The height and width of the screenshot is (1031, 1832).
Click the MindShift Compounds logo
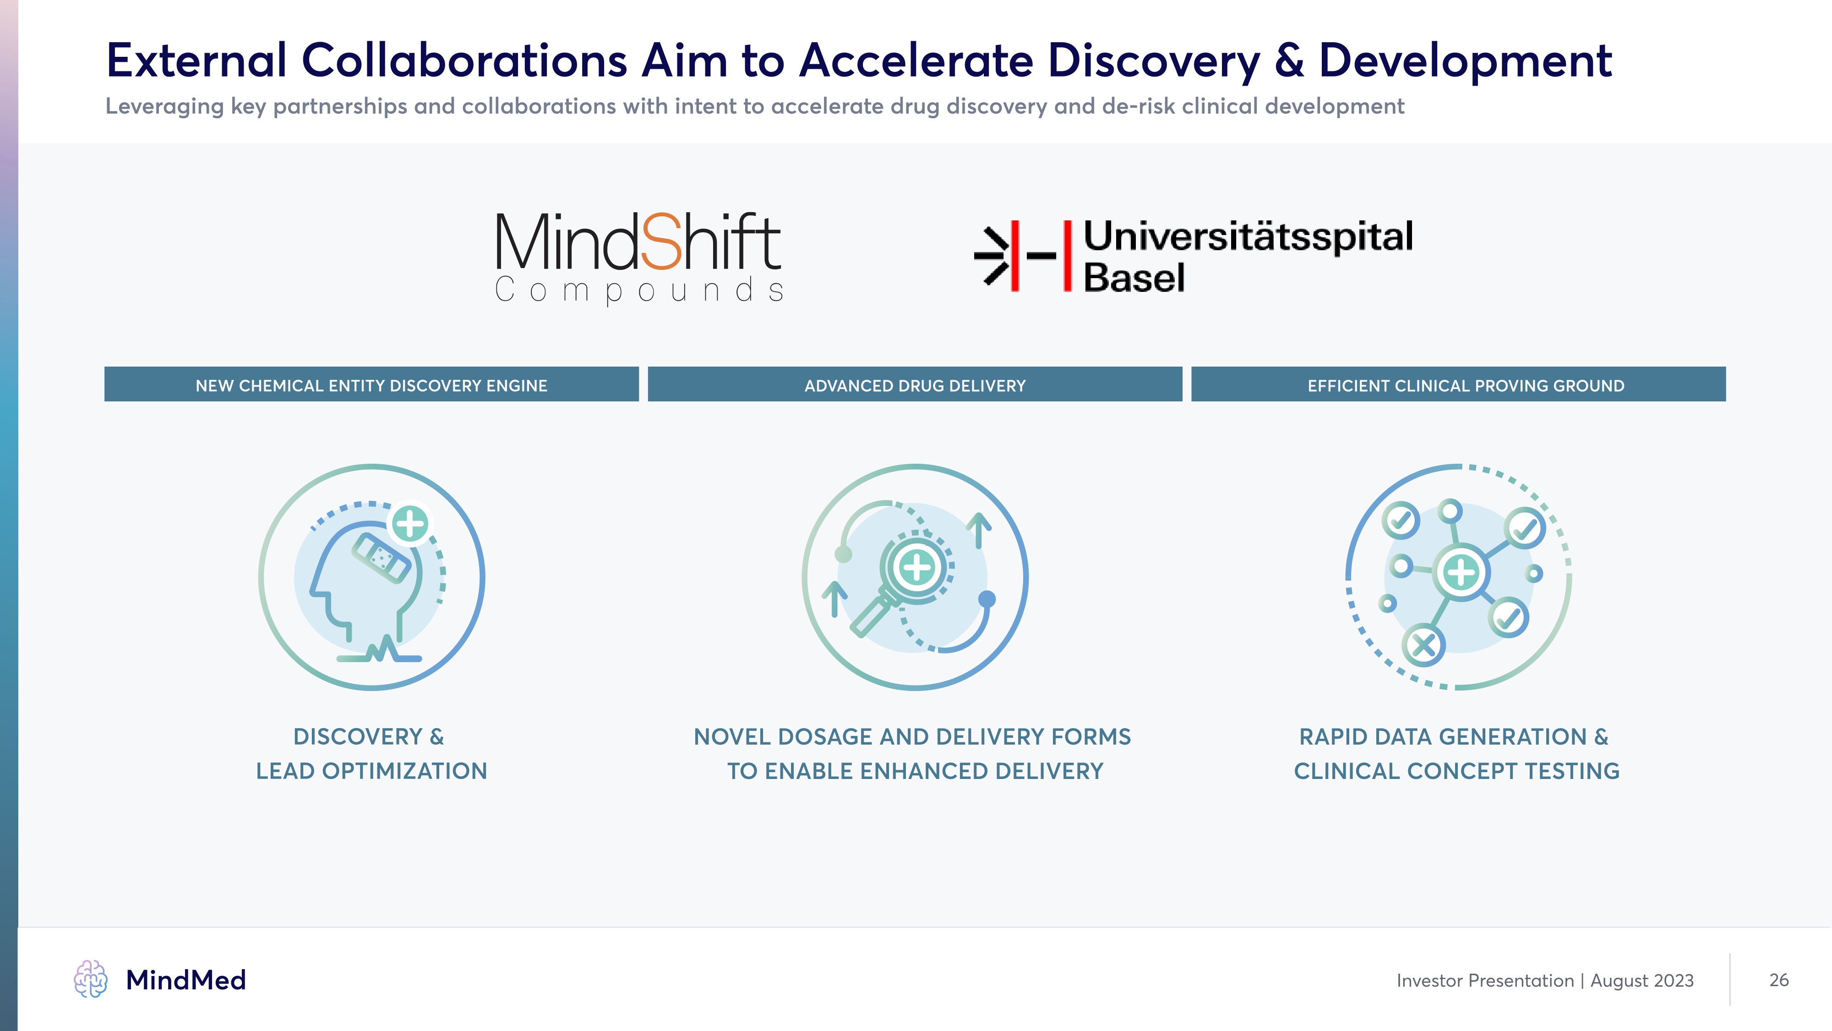coord(638,259)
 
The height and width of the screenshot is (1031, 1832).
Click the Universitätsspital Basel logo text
coord(1248,256)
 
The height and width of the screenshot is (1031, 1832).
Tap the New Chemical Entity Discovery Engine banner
coord(371,385)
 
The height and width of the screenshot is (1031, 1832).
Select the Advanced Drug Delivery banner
coord(915,385)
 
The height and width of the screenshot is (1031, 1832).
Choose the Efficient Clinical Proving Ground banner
coord(1458,385)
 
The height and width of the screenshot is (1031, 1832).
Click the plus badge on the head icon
coord(410,524)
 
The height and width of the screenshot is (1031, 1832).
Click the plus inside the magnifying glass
coord(917,567)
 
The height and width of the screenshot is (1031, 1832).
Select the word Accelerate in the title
coord(916,60)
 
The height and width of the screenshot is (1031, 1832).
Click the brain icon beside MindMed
coord(90,979)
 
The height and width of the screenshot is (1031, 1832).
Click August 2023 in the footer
coord(1641,981)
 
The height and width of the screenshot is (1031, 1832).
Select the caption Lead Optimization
coord(371,771)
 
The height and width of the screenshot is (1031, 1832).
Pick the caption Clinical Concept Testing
coord(1456,771)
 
